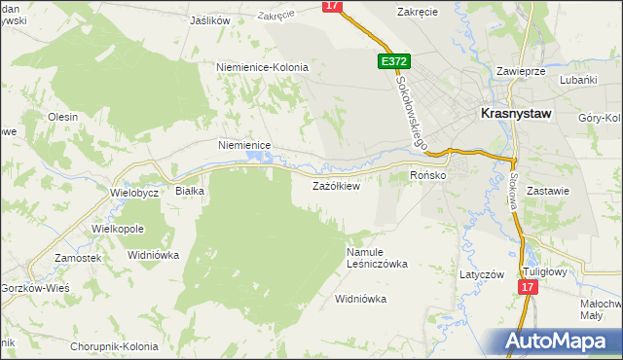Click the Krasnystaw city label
pos(516,113)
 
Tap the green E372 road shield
pos(394,61)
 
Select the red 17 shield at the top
pos(333,6)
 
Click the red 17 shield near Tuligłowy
pos(527,288)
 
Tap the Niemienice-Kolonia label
pos(262,67)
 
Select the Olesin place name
pos(62,116)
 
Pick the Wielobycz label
pos(134,193)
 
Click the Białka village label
pos(189,191)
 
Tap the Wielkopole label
pos(118,228)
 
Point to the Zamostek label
pos(79,258)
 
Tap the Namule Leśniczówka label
pos(377,257)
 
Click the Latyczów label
pos(482,274)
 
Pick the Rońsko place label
pos(427,175)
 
